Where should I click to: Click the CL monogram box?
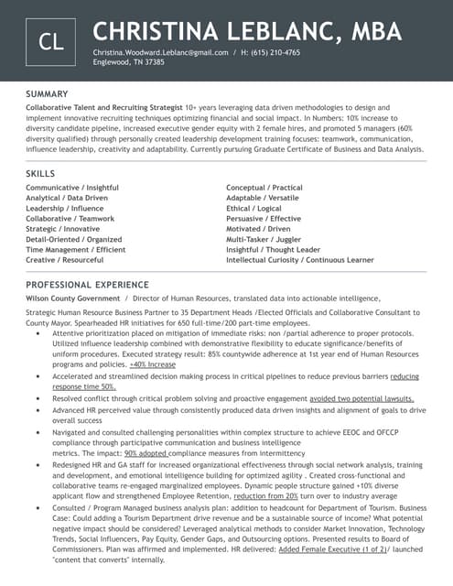[50, 41]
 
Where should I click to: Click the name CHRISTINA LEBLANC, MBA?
[247, 32]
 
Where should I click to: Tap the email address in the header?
[160, 53]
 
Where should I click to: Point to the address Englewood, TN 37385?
[129, 62]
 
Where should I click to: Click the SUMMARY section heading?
[47, 94]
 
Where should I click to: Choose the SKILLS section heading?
[40, 173]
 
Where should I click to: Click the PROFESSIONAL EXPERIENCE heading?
[87, 285]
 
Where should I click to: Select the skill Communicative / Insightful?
[72, 188]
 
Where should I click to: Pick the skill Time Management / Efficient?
[76, 249]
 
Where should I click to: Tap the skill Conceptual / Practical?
[264, 188]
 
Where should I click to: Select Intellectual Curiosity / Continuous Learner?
[300, 260]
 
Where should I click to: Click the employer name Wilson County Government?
[72, 298]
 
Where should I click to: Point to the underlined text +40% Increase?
[152, 364]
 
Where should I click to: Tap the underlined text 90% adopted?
[146, 452]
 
